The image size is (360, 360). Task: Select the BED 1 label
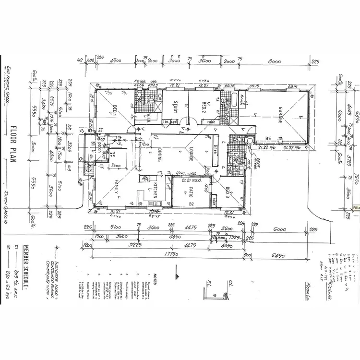(115, 111)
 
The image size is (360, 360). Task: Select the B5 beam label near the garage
(268, 139)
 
